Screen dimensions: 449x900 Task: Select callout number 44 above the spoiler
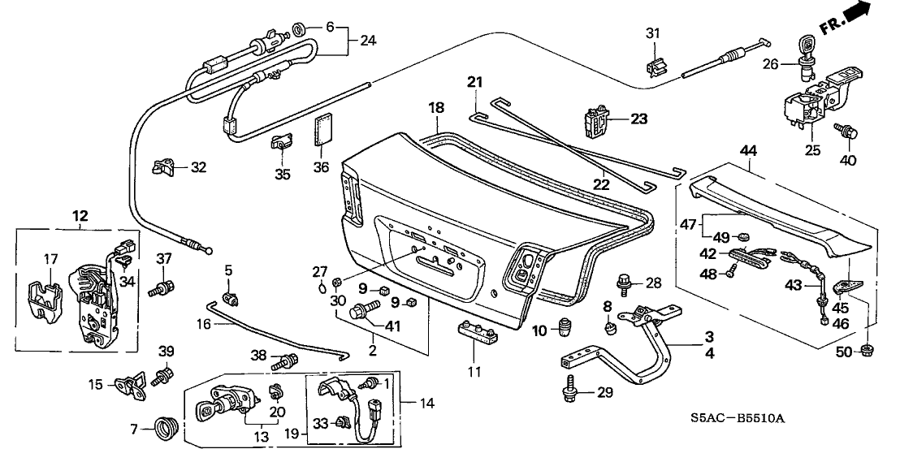[x=748, y=150]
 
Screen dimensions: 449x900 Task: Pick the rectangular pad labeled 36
[x=324, y=129]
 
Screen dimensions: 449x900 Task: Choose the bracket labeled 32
[x=167, y=169]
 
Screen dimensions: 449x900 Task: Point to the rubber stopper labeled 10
[x=563, y=330]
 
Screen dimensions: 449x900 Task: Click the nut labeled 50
[x=866, y=351]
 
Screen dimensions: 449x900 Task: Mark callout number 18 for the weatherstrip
[x=436, y=108]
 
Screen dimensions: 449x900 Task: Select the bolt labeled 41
[x=363, y=309]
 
